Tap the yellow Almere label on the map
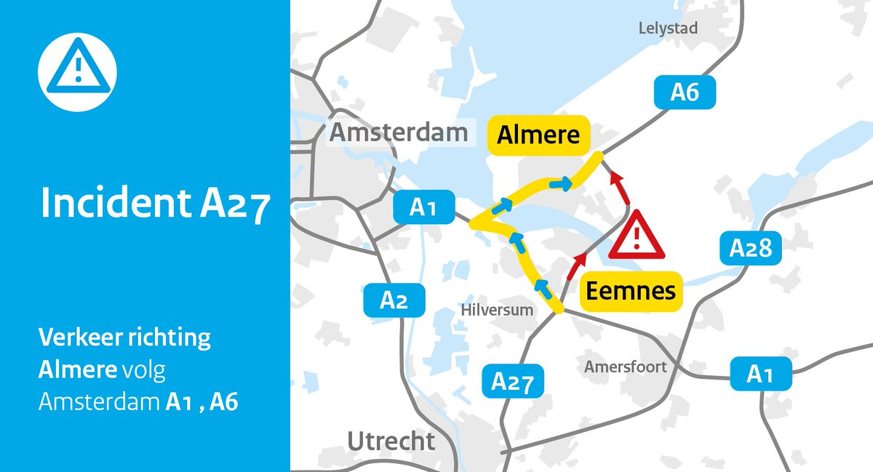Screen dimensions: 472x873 click(538, 136)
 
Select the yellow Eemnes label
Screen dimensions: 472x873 click(631, 291)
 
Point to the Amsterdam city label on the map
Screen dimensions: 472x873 click(398, 132)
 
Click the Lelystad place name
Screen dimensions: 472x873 click(667, 28)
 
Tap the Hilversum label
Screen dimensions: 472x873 click(498, 311)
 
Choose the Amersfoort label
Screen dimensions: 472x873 click(625, 367)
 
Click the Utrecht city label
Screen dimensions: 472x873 click(391, 441)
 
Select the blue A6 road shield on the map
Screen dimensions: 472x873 click(684, 92)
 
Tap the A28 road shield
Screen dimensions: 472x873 click(750, 249)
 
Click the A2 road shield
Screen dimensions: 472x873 click(394, 300)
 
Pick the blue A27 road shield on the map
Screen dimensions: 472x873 click(513, 381)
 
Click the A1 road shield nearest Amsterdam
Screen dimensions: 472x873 click(423, 208)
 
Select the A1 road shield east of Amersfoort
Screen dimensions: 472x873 click(760, 375)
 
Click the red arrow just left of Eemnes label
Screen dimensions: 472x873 click(577, 265)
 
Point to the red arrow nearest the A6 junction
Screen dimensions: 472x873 click(619, 185)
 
